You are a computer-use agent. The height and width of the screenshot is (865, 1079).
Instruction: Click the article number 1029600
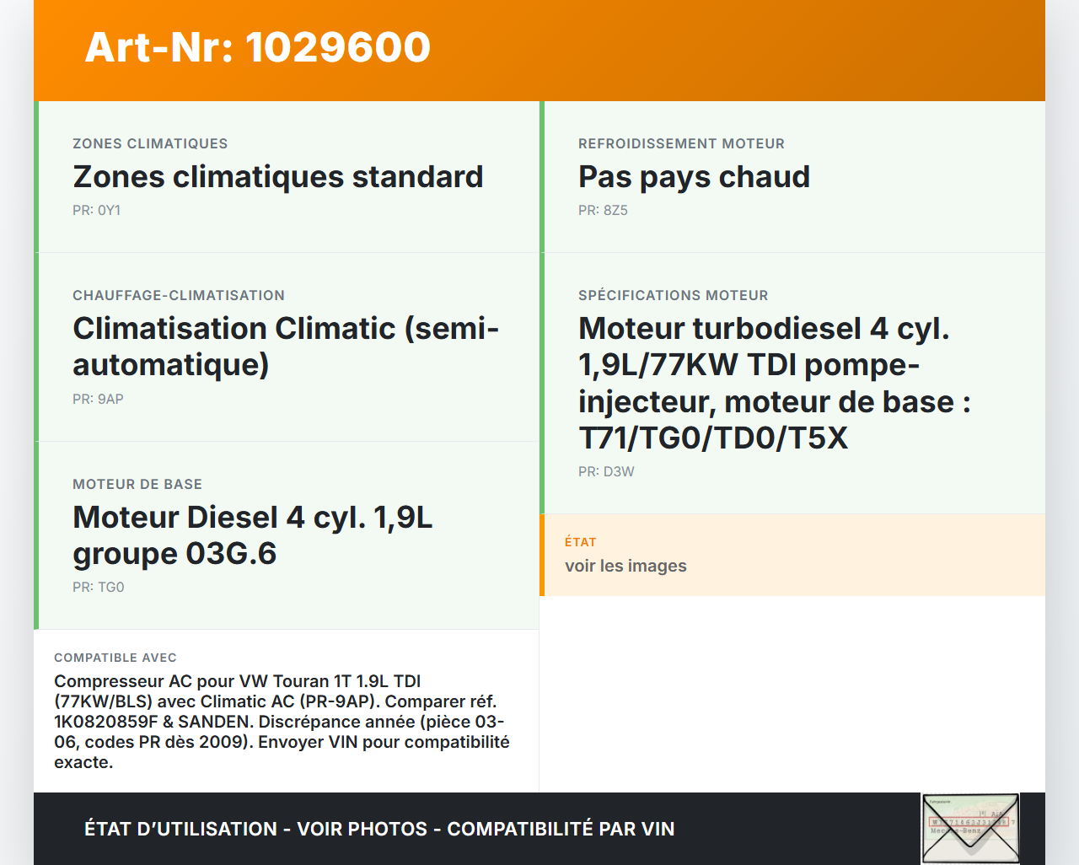pos(337,48)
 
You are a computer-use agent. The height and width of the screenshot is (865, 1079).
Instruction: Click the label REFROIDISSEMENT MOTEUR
pos(681,144)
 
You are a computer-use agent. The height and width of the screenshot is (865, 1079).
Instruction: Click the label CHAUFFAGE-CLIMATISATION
pos(179,295)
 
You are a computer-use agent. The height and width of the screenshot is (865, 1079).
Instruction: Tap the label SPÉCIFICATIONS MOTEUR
pos(673,295)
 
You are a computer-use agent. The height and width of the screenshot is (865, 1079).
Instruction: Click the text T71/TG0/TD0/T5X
pos(713,438)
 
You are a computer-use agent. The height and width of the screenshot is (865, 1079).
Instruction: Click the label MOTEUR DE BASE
pos(137,484)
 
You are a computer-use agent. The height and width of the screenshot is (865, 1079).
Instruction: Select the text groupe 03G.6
pos(174,554)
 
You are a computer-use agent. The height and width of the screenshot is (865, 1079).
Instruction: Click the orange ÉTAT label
pos(581,542)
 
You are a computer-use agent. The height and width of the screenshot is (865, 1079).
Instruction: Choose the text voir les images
pos(625,567)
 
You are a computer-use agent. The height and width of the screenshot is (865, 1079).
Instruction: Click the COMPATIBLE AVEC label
pos(115,658)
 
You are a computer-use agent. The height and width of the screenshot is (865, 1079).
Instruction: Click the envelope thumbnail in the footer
pos(970,829)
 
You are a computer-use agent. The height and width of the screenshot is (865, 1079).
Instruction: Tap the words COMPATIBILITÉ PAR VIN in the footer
pos(561,829)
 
